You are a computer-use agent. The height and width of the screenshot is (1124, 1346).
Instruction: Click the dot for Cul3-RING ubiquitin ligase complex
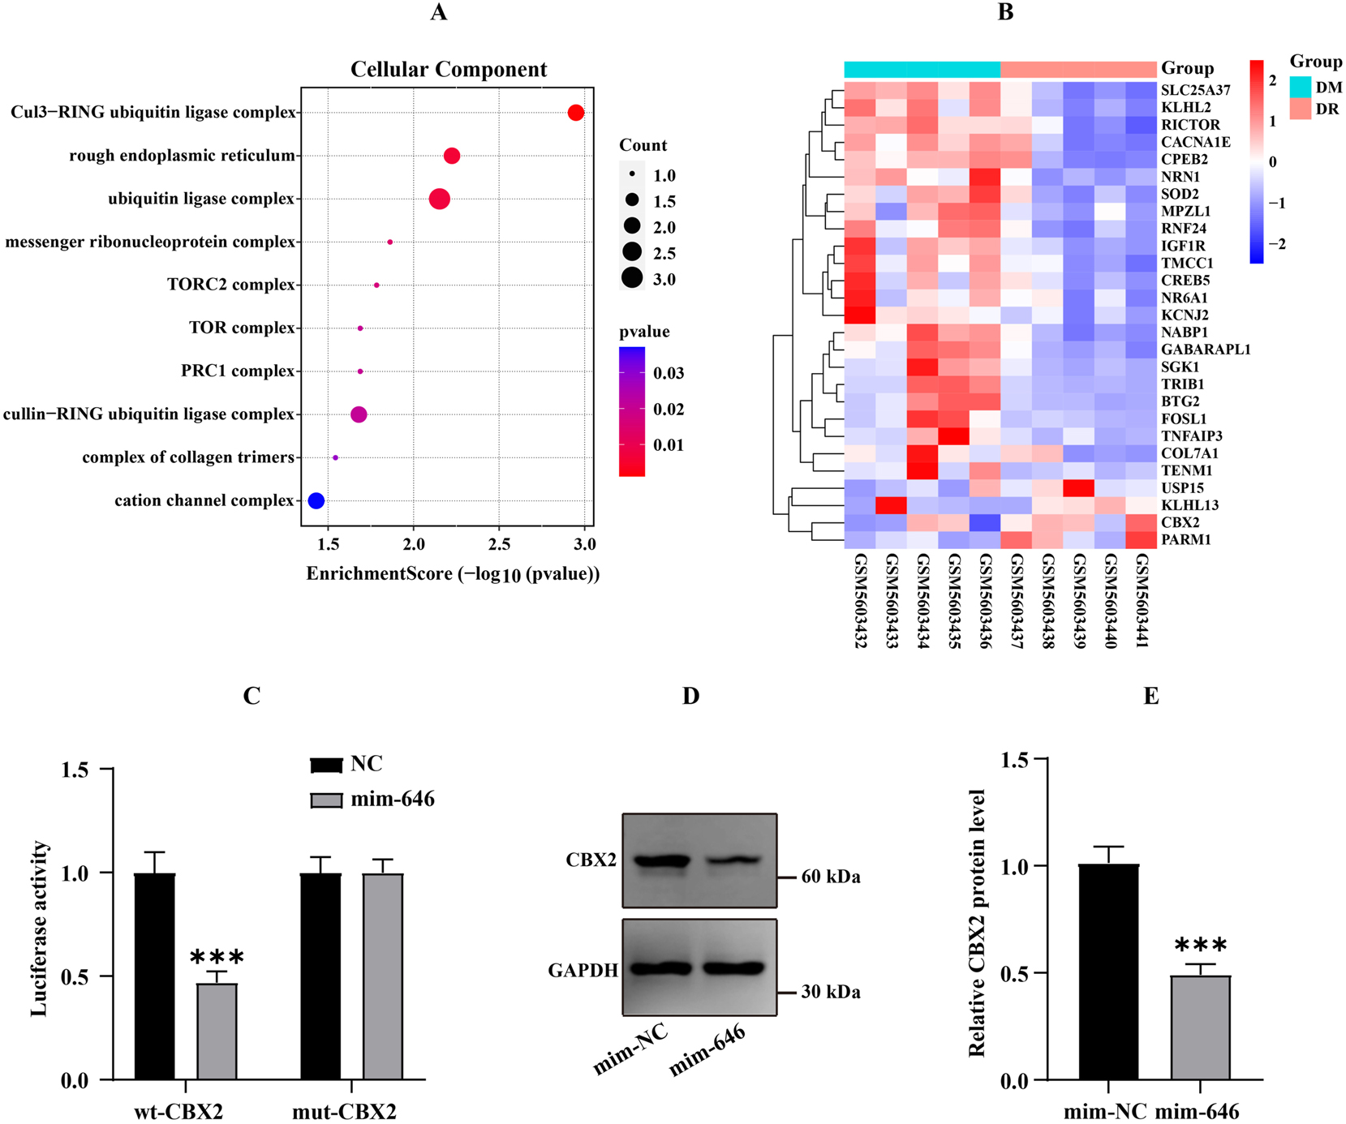(576, 113)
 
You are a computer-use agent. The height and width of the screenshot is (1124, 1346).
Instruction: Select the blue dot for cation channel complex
(316, 500)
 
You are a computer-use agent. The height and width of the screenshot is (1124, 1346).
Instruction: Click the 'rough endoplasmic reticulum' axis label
(182, 156)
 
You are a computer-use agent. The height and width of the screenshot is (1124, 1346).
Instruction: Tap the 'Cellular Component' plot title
(449, 70)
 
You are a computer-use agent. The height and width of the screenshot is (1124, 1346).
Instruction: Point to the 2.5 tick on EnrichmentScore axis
(500, 544)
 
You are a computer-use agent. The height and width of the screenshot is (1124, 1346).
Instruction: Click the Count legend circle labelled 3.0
(632, 279)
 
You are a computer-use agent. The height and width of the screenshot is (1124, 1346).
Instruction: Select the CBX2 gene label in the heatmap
(1180, 522)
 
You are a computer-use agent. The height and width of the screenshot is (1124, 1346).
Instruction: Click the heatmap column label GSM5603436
(986, 600)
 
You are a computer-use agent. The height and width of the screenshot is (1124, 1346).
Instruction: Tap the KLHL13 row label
(1189, 505)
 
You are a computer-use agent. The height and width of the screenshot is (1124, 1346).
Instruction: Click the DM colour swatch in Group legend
(1301, 88)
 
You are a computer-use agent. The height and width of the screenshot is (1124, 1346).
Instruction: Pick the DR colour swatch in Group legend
(1301, 109)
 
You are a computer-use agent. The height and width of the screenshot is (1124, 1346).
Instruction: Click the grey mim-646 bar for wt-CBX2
(217, 1031)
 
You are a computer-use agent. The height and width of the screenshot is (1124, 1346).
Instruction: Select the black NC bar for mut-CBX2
(320, 976)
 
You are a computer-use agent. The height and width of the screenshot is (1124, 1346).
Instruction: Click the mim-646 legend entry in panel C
(372, 800)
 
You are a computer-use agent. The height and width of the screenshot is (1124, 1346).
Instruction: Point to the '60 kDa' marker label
(830, 877)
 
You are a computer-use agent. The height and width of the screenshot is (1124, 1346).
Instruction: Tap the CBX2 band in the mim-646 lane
(733, 861)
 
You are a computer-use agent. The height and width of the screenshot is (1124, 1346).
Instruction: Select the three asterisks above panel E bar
(1201, 946)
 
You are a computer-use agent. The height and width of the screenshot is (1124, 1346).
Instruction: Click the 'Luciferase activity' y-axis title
(40, 928)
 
